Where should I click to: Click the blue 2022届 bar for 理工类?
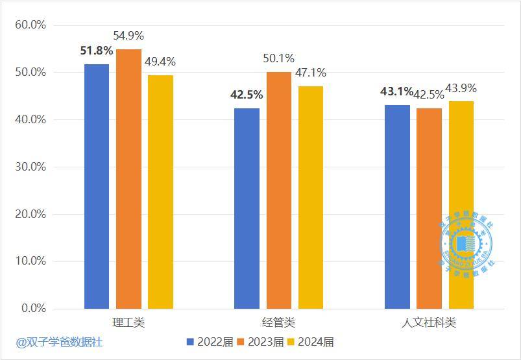pyautogui.click(x=97, y=186)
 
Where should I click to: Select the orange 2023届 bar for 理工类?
pyautogui.click(x=128, y=179)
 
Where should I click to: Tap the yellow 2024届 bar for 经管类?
pyautogui.click(x=310, y=197)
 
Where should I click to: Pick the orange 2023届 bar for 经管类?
pyautogui.click(x=278, y=190)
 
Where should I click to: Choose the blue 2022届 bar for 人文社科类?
pyautogui.click(x=397, y=207)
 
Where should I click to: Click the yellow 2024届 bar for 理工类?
pyautogui.click(x=160, y=192)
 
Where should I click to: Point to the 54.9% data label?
pyautogui.click(x=128, y=36)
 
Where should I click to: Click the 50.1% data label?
pyautogui.click(x=279, y=59)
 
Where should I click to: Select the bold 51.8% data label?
pyautogui.click(x=97, y=51)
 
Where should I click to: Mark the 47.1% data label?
pyautogui.click(x=311, y=73)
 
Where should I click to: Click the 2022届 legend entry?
pyautogui.click(x=210, y=342)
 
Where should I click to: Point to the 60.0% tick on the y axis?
pyautogui.click(x=30, y=25)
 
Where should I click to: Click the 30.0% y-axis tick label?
pyautogui.click(x=30, y=167)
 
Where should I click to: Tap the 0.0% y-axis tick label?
pyautogui.click(x=33, y=309)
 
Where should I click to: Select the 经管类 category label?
pyautogui.click(x=278, y=322)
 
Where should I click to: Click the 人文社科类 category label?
pyautogui.click(x=429, y=322)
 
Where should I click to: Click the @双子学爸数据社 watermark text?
pyautogui.click(x=60, y=342)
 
